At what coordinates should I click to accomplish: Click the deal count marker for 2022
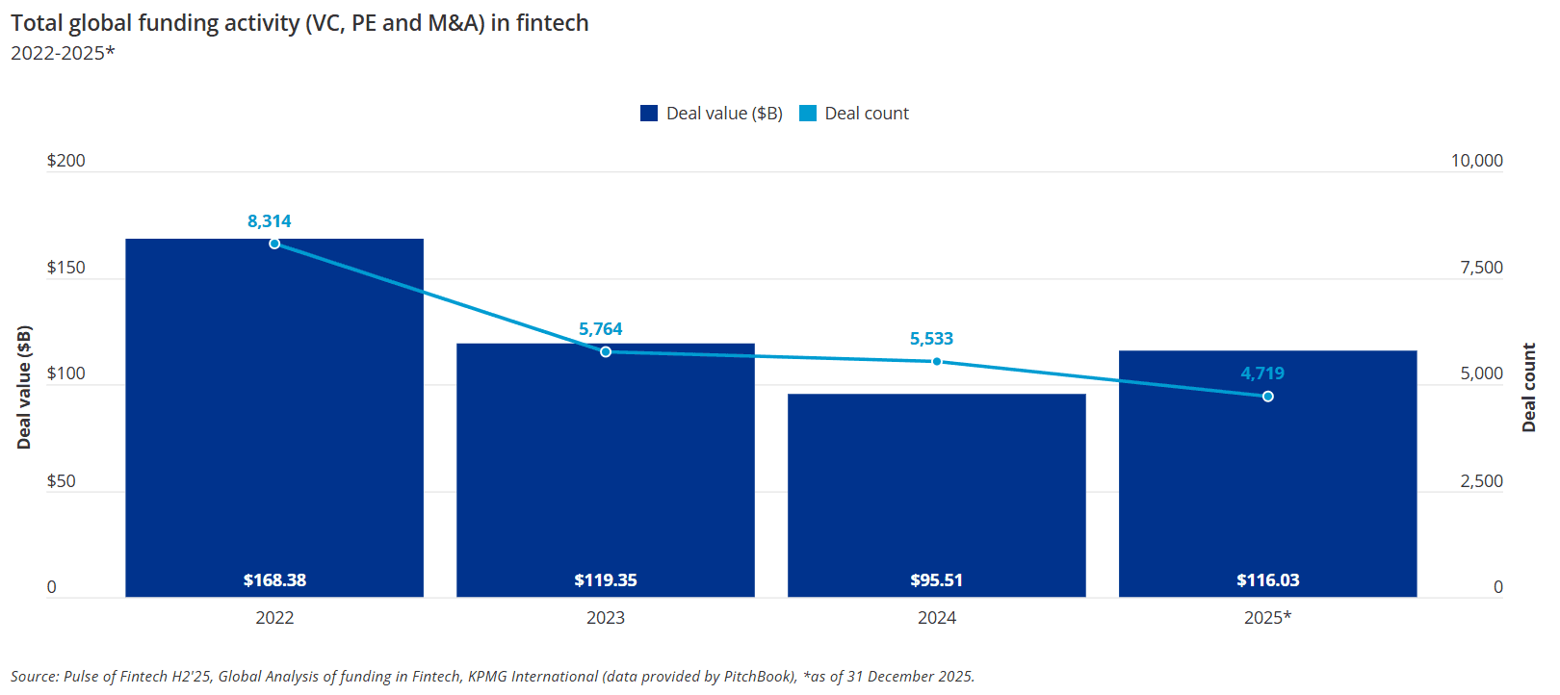pyautogui.click(x=274, y=244)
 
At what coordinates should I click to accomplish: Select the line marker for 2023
pyautogui.click(x=606, y=352)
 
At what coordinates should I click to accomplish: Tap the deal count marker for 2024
pyautogui.click(x=937, y=362)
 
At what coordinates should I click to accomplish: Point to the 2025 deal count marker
pyautogui.click(x=1268, y=397)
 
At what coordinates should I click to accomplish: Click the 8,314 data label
pyautogui.click(x=270, y=221)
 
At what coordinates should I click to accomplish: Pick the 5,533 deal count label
pyautogui.click(x=931, y=339)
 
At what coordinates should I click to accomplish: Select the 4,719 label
pyautogui.click(x=1262, y=373)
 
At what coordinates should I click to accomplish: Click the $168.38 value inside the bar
pyautogui.click(x=274, y=580)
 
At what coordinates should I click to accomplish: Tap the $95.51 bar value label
pyautogui.click(x=937, y=580)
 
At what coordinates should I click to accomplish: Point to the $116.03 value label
pyautogui.click(x=1268, y=580)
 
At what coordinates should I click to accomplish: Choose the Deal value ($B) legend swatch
pyautogui.click(x=649, y=114)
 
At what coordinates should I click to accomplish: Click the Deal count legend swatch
pyautogui.click(x=808, y=114)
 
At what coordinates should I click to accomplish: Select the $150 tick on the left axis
pyautogui.click(x=66, y=268)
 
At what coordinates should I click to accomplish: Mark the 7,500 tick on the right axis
pyautogui.click(x=1481, y=268)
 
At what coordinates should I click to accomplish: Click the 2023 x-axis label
pyautogui.click(x=606, y=618)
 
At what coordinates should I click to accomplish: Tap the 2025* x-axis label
pyautogui.click(x=1267, y=618)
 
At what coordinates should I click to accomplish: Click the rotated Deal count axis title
pyautogui.click(x=1529, y=387)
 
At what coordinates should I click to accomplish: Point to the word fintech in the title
pyautogui.click(x=552, y=23)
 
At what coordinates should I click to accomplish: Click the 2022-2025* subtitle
pyautogui.click(x=63, y=53)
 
